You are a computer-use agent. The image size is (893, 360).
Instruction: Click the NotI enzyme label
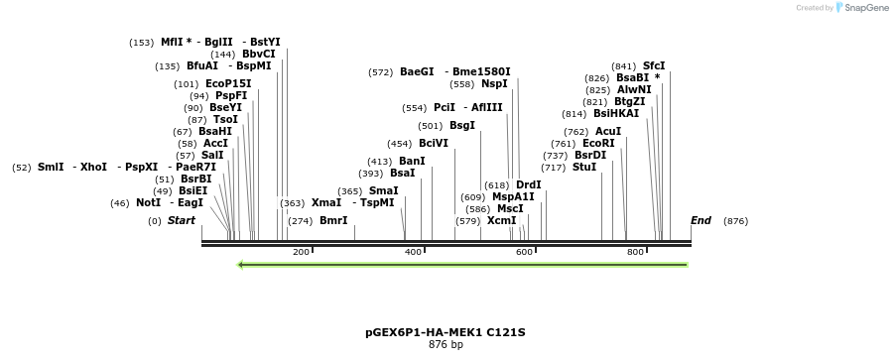(x=149, y=202)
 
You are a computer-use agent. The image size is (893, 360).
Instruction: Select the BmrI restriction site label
(x=333, y=220)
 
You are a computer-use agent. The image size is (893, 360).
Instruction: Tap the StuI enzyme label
(x=584, y=167)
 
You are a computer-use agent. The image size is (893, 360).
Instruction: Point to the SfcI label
(x=654, y=65)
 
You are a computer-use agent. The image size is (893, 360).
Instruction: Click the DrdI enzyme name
(x=529, y=184)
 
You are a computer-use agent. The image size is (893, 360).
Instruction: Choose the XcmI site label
(x=501, y=220)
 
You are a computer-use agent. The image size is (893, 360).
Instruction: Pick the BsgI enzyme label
(x=462, y=125)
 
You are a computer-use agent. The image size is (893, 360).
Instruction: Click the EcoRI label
(x=598, y=143)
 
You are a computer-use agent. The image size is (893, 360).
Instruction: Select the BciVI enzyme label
(x=434, y=143)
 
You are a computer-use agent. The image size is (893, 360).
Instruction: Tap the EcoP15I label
(x=228, y=83)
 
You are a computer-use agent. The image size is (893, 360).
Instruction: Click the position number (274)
(x=300, y=220)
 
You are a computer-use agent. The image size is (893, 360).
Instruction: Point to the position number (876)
(x=735, y=220)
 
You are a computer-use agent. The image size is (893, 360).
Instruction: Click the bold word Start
(x=182, y=220)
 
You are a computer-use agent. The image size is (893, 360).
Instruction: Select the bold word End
(x=701, y=220)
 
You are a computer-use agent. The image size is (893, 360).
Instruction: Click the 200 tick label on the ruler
(x=301, y=253)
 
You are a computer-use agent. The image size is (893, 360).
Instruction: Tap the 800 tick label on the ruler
(x=635, y=253)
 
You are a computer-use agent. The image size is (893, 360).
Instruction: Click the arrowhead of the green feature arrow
(x=241, y=264)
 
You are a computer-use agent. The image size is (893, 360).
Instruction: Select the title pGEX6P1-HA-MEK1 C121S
(x=446, y=332)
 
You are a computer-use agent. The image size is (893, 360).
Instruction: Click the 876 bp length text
(x=446, y=345)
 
